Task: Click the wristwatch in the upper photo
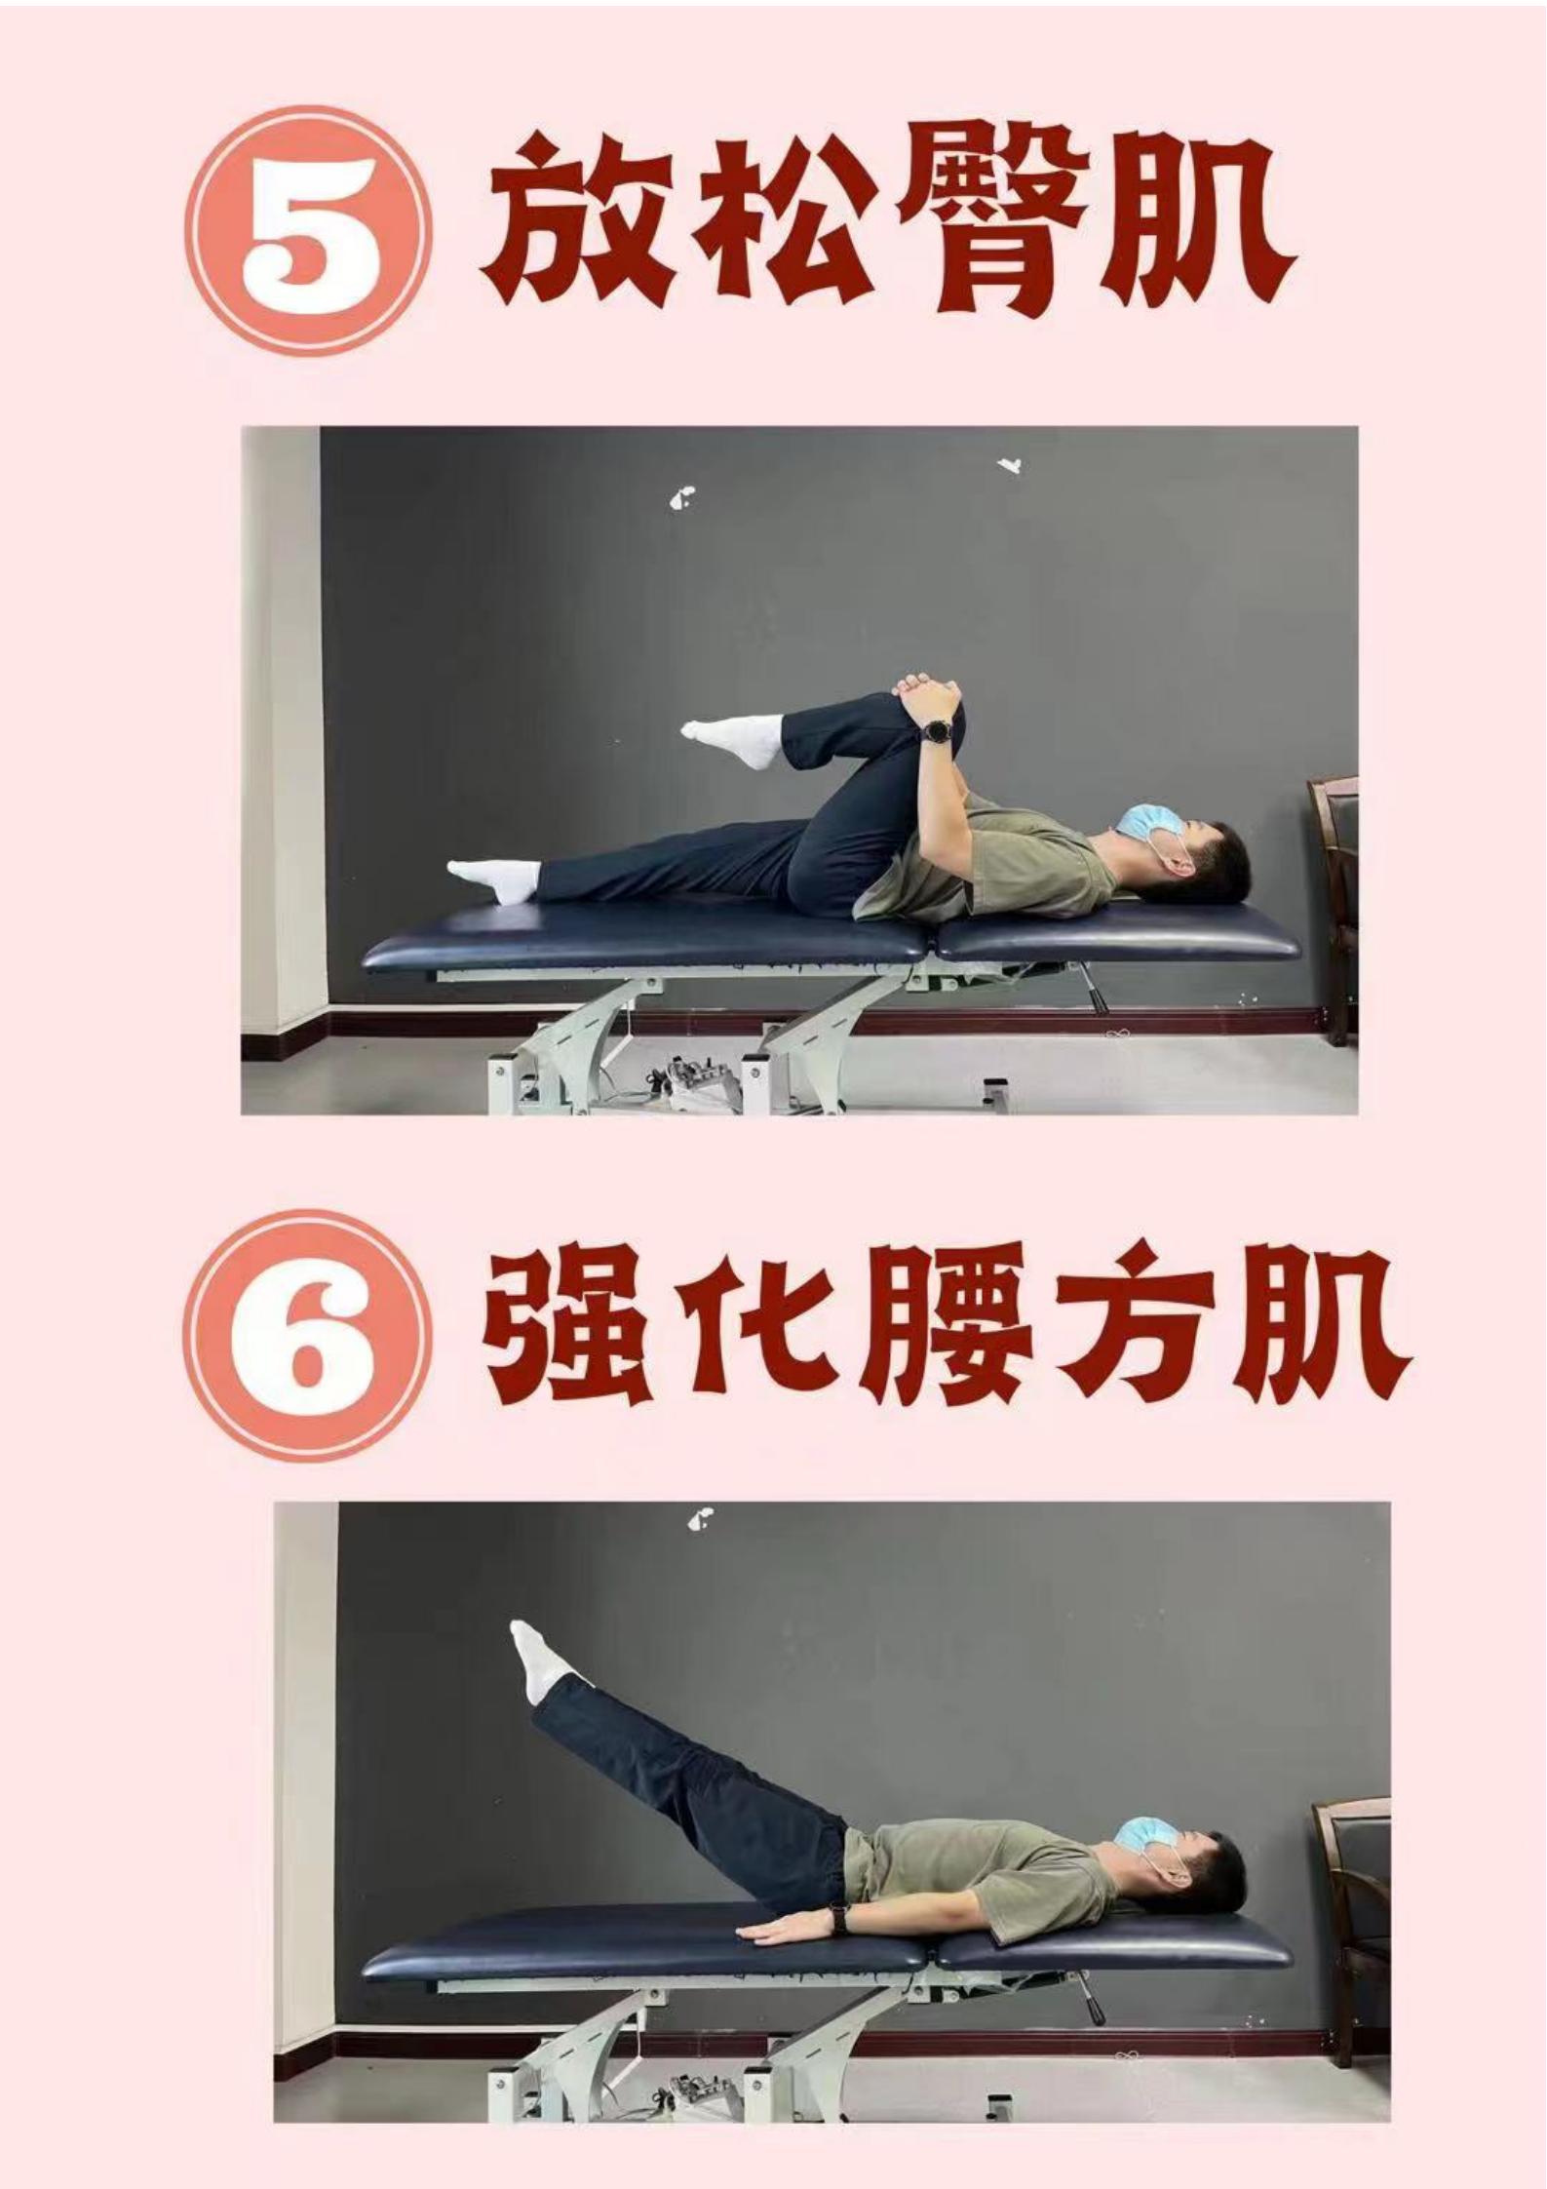point(938,728)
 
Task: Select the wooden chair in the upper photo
point(1333,907)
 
